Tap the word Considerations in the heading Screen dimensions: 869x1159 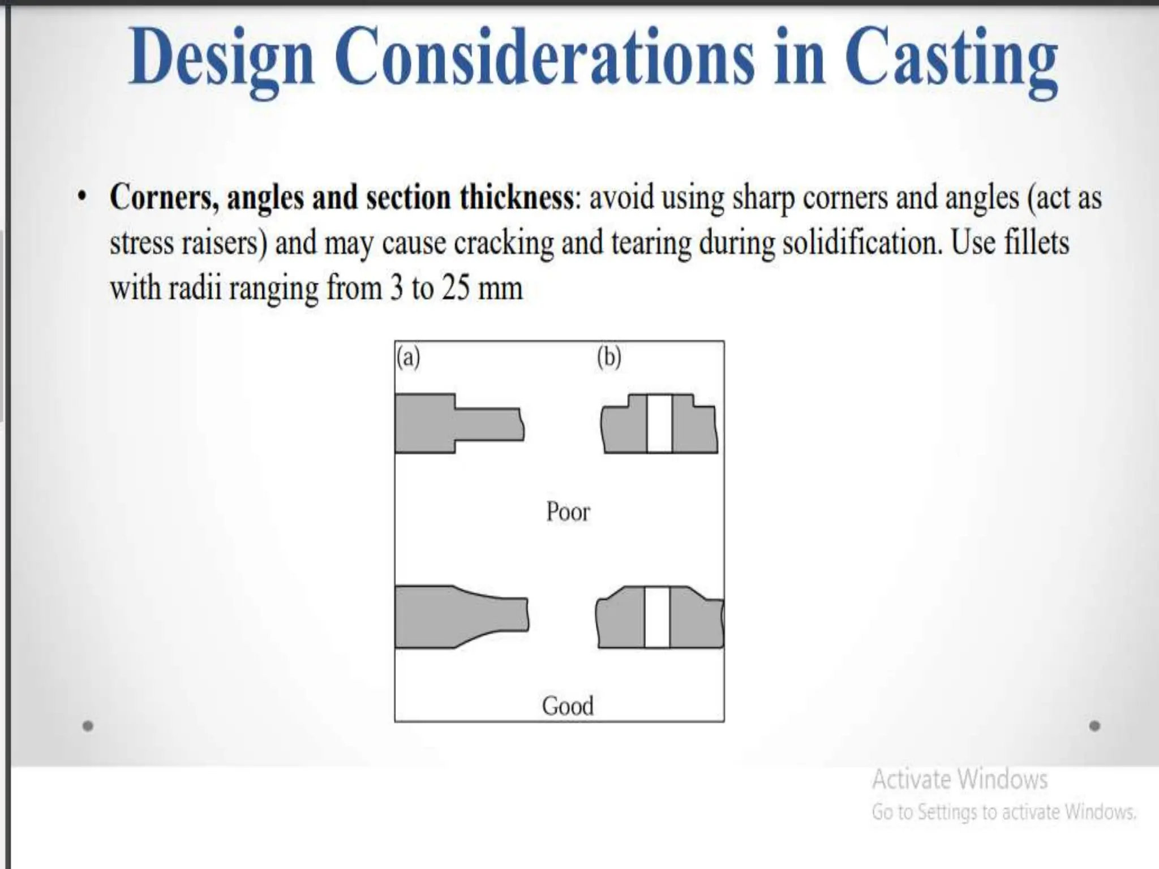pos(547,57)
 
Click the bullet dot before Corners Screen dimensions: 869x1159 pos(83,197)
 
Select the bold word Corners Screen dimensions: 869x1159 pos(165,198)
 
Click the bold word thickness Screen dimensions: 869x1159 pos(516,197)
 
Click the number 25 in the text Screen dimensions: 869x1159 pos(456,288)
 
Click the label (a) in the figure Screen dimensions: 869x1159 pos(409,358)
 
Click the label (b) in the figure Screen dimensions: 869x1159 pos(609,358)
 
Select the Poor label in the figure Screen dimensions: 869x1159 pos(568,512)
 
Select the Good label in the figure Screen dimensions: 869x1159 pos(568,706)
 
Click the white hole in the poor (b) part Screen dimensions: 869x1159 pos(659,423)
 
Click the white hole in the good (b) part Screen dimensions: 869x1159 pos(657,617)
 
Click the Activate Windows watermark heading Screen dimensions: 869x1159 pos(960,779)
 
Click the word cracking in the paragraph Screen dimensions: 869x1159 pos(503,243)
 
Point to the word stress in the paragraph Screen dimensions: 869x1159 pos(141,243)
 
